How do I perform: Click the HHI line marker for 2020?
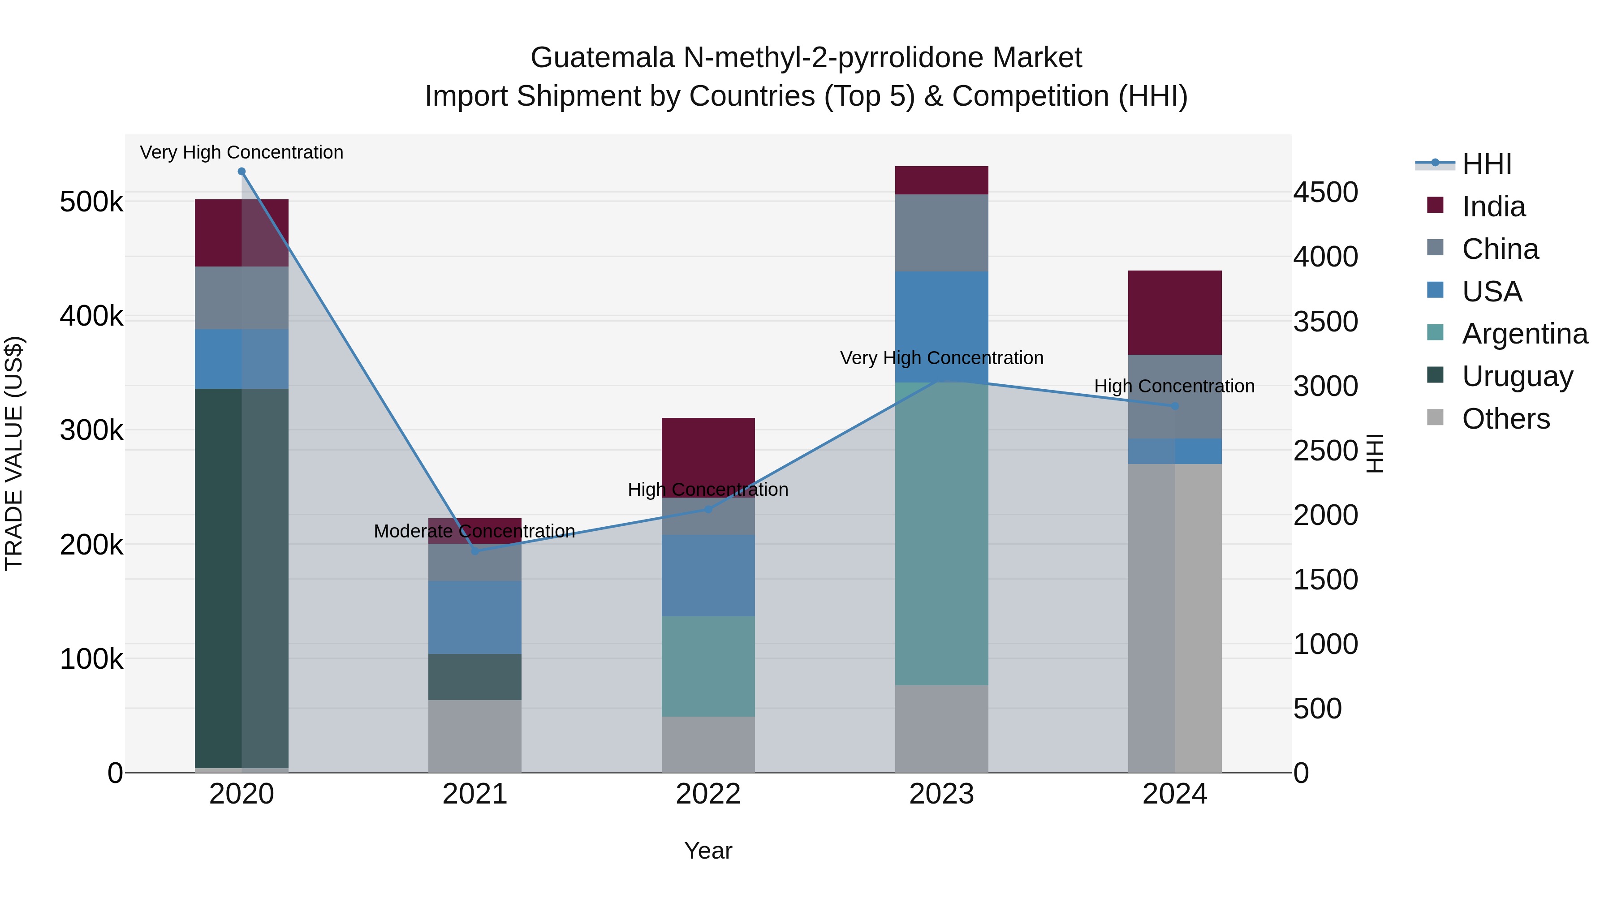coord(242,172)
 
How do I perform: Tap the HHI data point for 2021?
coord(474,551)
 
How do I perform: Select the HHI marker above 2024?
coord(1175,406)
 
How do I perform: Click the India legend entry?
coord(1493,206)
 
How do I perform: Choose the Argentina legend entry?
coord(1524,334)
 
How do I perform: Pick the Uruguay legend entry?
coord(1517,376)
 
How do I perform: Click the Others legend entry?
coord(1505,419)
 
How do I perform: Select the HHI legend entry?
coord(1487,164)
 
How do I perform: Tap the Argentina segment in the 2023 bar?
coord(941,532)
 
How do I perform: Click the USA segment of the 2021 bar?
coord(474,617)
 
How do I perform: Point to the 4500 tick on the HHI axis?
coord(1325,192)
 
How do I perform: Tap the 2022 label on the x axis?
coord(708,794)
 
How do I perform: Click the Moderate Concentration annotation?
coord(474,531)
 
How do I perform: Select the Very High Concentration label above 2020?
coord(242,152)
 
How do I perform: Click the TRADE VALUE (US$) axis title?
coord(14,453)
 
